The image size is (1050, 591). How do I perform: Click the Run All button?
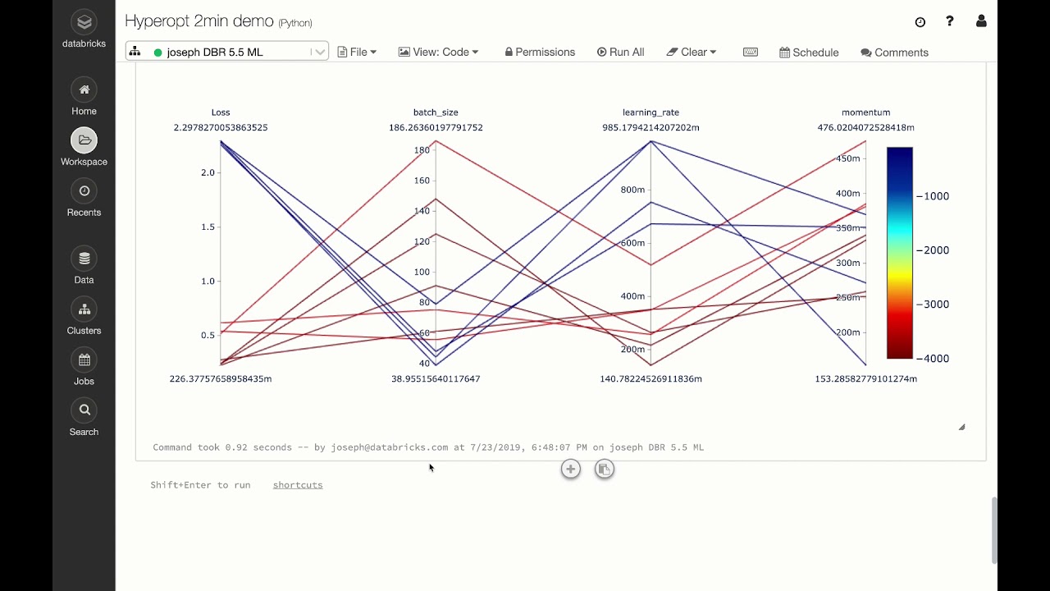(620, 52)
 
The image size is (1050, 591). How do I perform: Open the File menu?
(358, 52)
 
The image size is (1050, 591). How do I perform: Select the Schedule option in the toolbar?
(809, 53)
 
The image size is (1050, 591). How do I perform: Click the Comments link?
(894, 53)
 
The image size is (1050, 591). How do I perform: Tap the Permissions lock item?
(540, 52)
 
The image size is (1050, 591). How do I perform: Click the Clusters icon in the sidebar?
(84, 309)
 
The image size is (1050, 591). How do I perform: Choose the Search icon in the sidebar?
(84, 410)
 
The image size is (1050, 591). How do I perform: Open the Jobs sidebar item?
(84, 360)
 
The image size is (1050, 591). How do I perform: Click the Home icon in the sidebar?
(84, 90)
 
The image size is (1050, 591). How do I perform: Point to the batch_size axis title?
(436, 112)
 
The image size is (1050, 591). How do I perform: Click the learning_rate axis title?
(651, 112)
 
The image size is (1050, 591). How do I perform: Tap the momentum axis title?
(865, 112)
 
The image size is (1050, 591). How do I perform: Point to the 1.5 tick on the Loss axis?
(208, 227)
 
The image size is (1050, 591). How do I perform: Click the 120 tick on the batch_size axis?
(422, 241)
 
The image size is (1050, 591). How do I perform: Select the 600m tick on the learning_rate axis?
(632, 243)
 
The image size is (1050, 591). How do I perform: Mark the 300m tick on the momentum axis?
(847, 263)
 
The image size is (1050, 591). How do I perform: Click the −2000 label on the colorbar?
(932, 250)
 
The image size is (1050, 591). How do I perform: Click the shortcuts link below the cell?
(298, 485)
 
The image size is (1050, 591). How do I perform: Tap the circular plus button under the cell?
(571, 470)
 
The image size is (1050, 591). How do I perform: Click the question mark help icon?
(950, 21)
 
